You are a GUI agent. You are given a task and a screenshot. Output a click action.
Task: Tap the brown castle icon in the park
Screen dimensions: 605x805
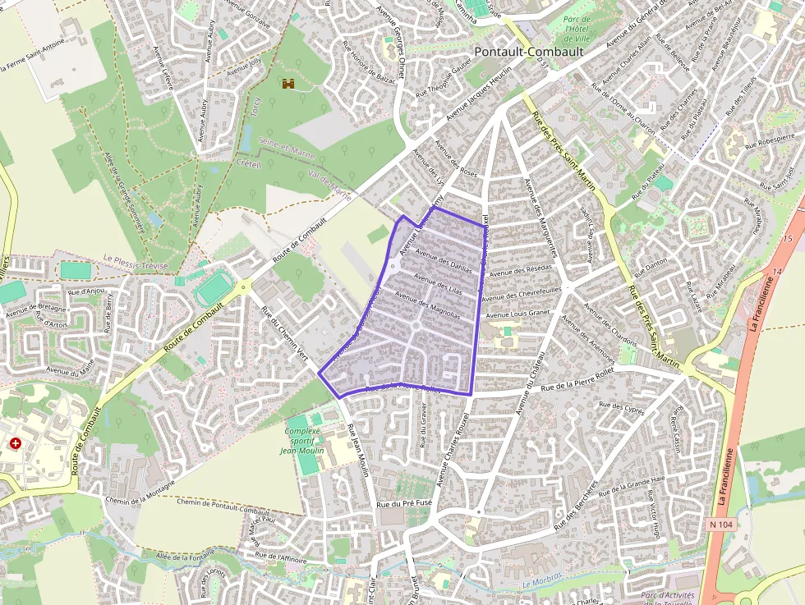tap(288, 84)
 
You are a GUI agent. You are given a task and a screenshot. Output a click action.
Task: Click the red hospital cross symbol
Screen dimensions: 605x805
tap(16, 442)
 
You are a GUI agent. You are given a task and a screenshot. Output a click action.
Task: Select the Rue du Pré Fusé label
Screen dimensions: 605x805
tap(403, 504)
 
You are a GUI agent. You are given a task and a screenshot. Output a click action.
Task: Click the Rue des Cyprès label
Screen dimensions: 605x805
tap(622, 406)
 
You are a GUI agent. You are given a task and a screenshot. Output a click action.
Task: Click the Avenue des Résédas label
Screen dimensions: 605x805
tap(520, 271)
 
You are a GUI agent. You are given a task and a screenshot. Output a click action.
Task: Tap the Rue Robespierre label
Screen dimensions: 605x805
tap(770, 140)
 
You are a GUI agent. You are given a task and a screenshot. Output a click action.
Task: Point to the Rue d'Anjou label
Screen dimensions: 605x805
tap(85, 291)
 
